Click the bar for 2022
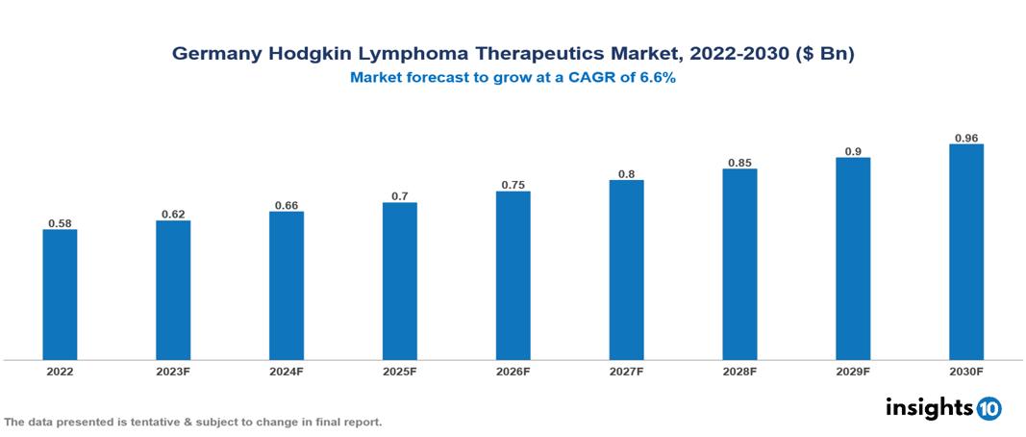[x=60, y=295]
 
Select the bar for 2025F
[x=399, y=281]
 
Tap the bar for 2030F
[x=965, y=252]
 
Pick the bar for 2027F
[x=626, y=270]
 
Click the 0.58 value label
[x=60, y=223]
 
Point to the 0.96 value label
[x=965, y=138]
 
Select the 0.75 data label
[x=513, y=185]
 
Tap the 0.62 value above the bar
[x=173, y=214]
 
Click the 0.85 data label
[x=739, y=163]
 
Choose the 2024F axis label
[x=287, y=372]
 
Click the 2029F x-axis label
[x=853, y=372]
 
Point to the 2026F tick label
[x=513, y=372]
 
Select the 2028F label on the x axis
[x=739, y=372]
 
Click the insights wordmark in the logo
[x=929, y=407]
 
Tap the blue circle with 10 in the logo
[x=988, y=409]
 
